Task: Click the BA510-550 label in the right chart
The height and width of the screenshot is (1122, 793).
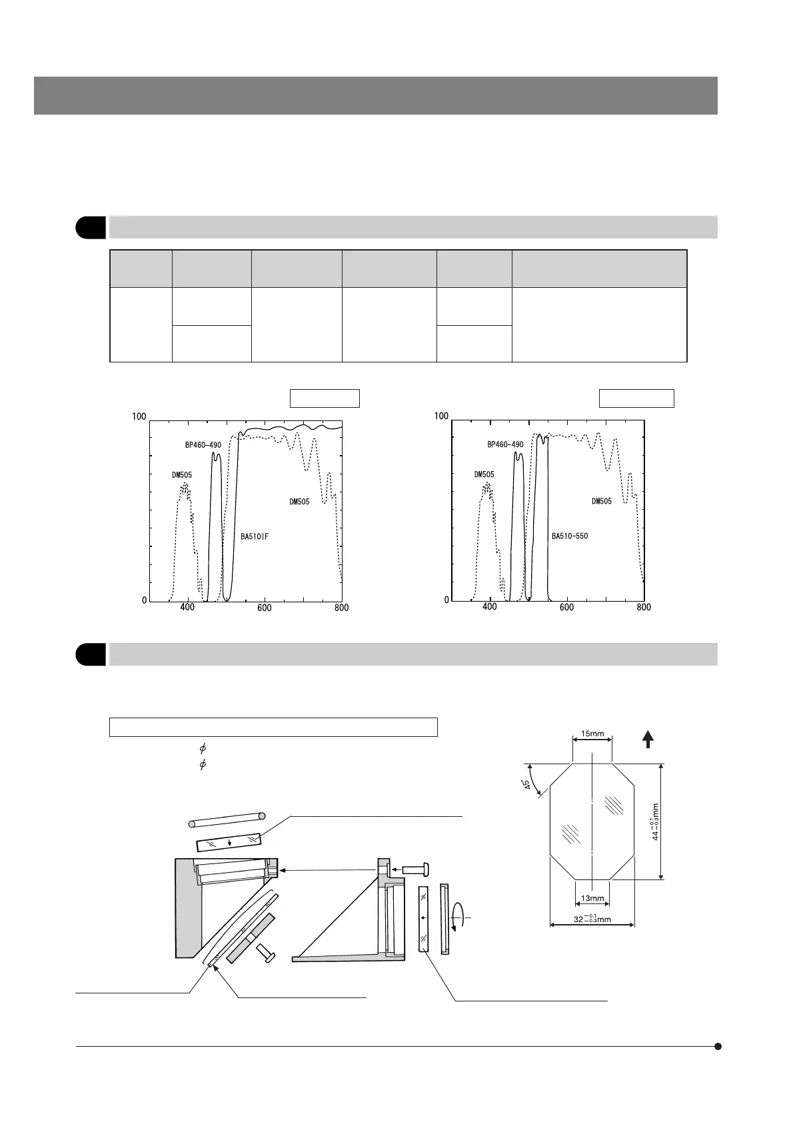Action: point(570,536)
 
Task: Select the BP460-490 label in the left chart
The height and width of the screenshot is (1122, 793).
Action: point(203,444)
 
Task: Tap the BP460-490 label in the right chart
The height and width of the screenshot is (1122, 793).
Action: point(505,444)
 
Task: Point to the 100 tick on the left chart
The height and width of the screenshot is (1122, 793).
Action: point(139,416)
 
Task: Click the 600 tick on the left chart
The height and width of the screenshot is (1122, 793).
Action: point(265,608)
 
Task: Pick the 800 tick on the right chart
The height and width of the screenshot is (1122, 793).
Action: point(644,608)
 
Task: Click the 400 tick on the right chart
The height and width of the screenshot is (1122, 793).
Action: point(490,608)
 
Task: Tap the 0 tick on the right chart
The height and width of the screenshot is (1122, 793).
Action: point(447,600)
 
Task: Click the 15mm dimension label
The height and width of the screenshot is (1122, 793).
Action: point(592,734)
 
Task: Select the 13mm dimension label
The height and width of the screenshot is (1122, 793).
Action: point(592,898)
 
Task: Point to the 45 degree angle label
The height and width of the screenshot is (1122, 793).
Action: point(527,786)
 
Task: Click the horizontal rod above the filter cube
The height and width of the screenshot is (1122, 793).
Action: point(227,820)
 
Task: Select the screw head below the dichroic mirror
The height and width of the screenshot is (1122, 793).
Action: point(265,958)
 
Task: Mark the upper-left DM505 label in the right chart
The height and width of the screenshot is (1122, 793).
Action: point(484,474)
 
